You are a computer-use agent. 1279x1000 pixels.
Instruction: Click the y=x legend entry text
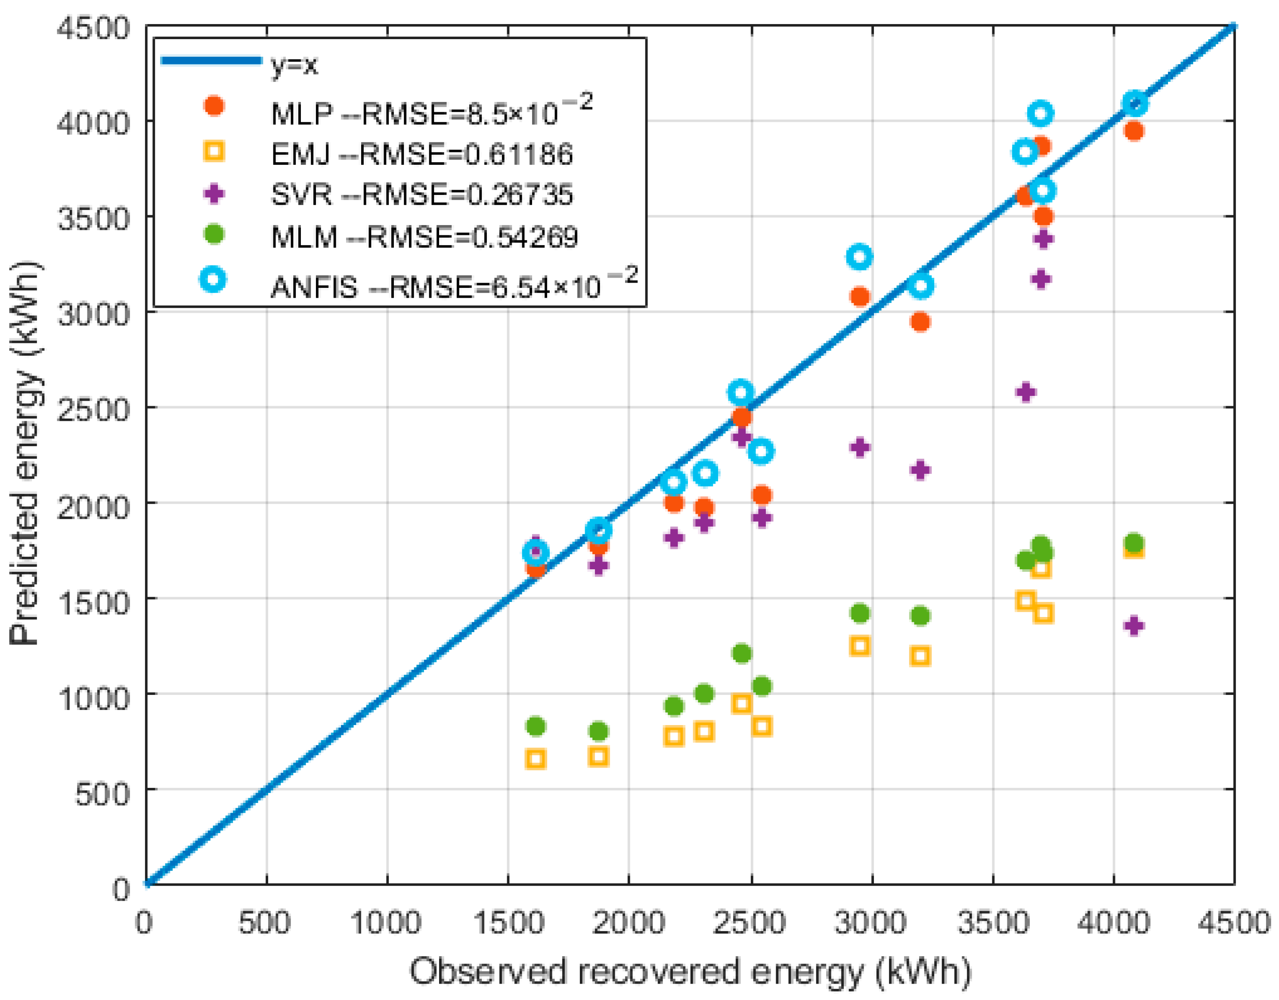294,65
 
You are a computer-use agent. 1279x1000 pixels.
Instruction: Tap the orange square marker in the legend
214,151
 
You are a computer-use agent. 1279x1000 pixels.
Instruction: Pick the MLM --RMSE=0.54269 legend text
424,237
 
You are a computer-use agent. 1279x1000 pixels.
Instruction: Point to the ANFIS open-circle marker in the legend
213,279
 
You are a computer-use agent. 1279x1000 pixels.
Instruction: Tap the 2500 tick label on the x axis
749,923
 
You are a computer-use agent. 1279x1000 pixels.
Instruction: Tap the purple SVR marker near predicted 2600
1025,392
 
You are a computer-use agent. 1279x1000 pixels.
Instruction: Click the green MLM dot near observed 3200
920,616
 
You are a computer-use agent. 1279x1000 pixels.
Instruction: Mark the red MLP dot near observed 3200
920,322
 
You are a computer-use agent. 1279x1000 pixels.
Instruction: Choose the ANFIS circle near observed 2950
859,256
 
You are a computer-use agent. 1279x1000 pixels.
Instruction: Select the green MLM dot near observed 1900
598,731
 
